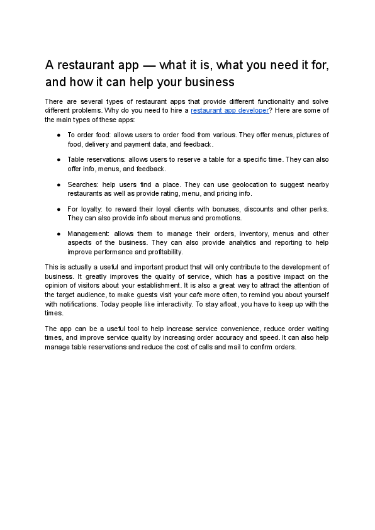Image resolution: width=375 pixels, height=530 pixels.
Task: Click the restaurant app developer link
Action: click(x=229, y=110)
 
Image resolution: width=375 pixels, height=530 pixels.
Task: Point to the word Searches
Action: click(x=82, y=184)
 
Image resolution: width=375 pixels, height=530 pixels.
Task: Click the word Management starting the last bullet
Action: click(x=89, y=234)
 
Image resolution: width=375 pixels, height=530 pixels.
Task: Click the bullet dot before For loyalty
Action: click(x=59, y=209)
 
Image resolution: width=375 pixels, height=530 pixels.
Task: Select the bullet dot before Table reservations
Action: click(x=59, y=160)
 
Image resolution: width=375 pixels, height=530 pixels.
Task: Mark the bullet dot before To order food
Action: click(x=59, y=135)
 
